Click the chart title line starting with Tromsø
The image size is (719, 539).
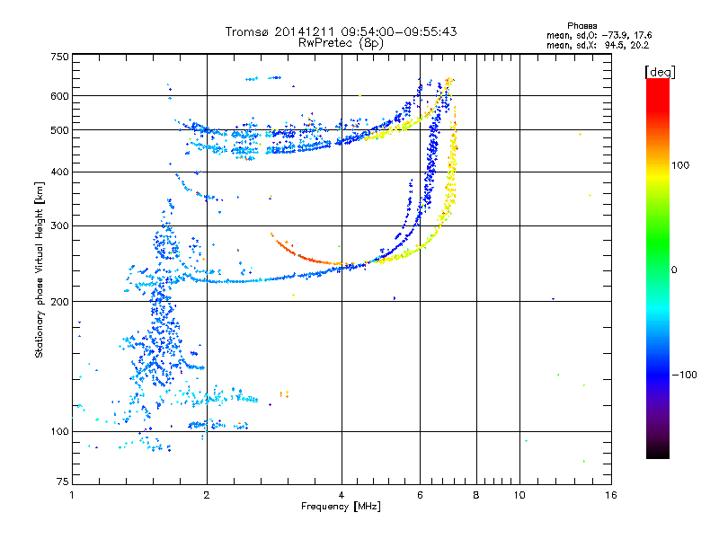pyautogui.click(x=341, y=31)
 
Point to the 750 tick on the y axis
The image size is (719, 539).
pyautogui.click(x=59, y=57)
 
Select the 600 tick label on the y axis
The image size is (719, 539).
pyautogui.click(x=59, y=95)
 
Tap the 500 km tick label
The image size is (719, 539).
pyautogui.click(x=59, y=129)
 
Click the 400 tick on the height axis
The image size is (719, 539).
pyautogui.click(x=59, y=172)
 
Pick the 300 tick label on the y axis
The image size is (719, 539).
pyautogui.click(x=59, y=225)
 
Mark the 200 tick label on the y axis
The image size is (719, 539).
pyautogui.click(x=59, y=301)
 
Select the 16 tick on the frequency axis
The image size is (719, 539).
pyautogui.click(x=610, y=495)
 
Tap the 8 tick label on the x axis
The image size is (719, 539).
pyautogui.click(x=476, y=495)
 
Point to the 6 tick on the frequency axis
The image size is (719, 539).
pyautogui.click(x=420, y=495)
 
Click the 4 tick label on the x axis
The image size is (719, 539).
pyautogui.click(x=342, y=495)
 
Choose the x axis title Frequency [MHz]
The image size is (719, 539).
pyautogui.click(x=341, y=507)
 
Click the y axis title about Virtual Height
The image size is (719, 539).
pyautogui.click(x=40, y=269)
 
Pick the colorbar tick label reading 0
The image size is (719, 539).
pyautogui.click(x=675, y=269)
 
